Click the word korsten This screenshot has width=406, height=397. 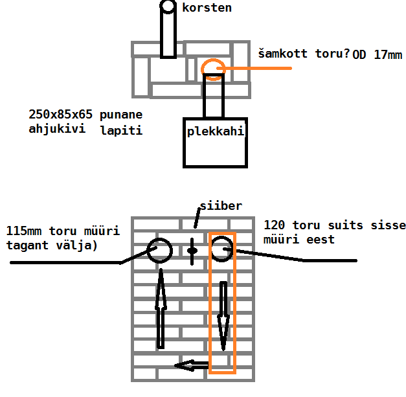pos(207,8)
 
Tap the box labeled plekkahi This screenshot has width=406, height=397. pos(216,142)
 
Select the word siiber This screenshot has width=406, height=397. pos(221,207)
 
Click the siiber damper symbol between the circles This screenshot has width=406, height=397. pos(192,250)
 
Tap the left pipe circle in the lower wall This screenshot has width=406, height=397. pos(159,250)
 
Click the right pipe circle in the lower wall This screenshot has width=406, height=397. pos(221,250)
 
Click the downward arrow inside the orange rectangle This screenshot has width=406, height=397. pos(222,313)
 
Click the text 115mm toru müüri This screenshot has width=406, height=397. pos(56,231)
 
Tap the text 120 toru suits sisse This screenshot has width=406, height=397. pos(335,225)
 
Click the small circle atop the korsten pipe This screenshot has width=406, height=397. pos(168,6)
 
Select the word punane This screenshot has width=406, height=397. pos(121,115)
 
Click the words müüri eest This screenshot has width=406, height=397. pos(299,240)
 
